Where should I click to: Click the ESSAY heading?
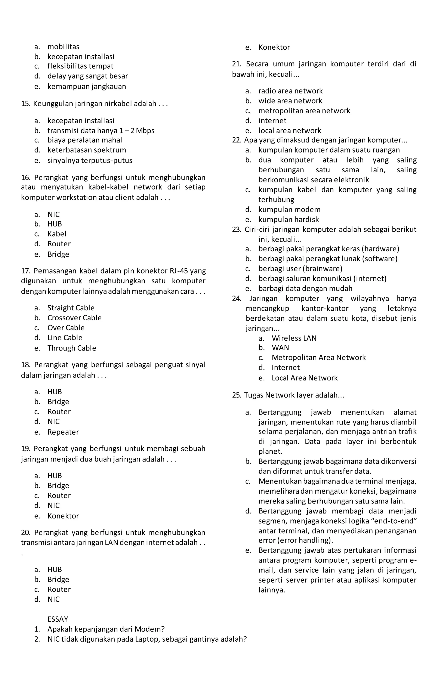tap(58, 619)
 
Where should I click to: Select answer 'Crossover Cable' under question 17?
tap(74, 318)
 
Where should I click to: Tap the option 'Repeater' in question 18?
tap(63, 432)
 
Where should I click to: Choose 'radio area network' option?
tap(290, 91)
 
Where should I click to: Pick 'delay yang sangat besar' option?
tap(87, 76)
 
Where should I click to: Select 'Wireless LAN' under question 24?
tap(294, 338)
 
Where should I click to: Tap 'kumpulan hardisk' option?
tap(289, 219)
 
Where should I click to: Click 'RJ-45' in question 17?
tap(179, 271)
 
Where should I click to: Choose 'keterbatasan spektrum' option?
tap(87, 150)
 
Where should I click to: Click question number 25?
tap(237, 395)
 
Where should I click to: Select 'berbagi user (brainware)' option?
tap(300, 269)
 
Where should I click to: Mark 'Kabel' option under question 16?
tap(57, 234)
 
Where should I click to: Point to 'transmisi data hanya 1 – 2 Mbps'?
tap(101, 131)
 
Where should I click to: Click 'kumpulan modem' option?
tap(289, 210)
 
